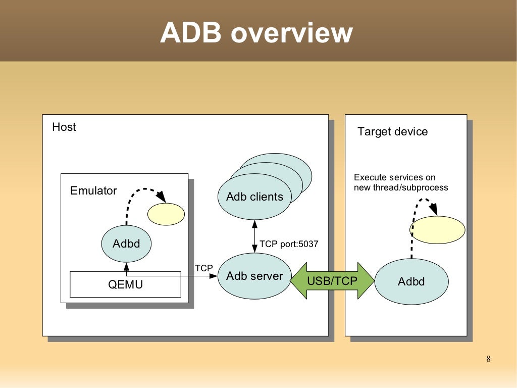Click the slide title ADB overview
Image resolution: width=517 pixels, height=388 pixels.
coord(256,33)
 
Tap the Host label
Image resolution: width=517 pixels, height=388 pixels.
coord(64,127)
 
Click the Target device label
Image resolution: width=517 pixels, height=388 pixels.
coord(392,132)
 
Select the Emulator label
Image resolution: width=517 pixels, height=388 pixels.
coord(93,191)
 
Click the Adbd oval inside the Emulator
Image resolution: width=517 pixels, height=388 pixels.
coord(126,244)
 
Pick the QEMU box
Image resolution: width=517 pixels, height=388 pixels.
coord(125,284)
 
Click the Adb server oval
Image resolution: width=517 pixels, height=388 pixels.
coord(254,276)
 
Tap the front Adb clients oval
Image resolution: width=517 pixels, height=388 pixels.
coord(254,197)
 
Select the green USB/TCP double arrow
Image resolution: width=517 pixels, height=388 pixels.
coord(332,281)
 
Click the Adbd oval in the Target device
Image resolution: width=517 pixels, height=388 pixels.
coord(411,281)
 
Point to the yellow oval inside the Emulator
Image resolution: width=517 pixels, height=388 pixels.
coord(166,214)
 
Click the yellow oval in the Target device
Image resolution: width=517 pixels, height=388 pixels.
coord(437,230)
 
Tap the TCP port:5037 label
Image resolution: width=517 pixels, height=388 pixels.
coord(289,244)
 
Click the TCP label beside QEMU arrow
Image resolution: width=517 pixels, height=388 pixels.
coord(204,268)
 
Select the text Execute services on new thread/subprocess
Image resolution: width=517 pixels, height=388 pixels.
coord(401,182)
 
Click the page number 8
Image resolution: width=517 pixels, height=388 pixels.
coord(488,359)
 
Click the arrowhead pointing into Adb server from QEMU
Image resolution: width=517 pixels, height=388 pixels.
coord(214,276)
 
